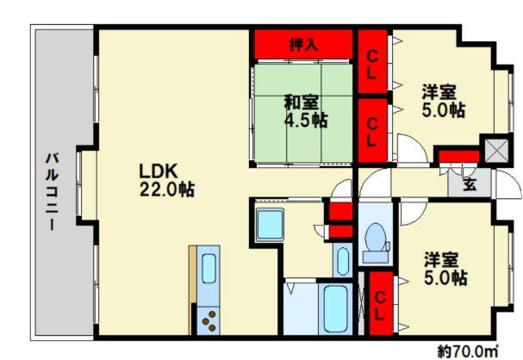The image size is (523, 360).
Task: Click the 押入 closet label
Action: [x=303, y=43]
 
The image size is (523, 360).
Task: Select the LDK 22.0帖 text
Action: [x=165, y=179]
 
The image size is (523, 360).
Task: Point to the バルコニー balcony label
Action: [x=51, y=191]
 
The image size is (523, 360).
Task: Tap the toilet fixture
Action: [x=376, y=242]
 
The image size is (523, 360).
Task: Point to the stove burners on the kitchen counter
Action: [x=209, y=321]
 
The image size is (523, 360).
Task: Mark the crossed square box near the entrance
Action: [x=495, y=152]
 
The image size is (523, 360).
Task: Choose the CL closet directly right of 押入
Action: [x=371, y=64]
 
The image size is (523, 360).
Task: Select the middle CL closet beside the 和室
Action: [x=371, y=127]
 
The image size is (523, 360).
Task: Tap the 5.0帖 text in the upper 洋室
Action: [x=445, y=110]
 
